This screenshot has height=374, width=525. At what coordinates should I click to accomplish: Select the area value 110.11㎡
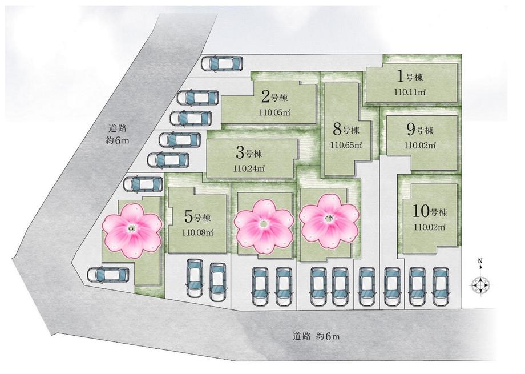tap(410, 91)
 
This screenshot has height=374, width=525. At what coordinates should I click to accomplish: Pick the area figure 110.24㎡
tap(249, 168)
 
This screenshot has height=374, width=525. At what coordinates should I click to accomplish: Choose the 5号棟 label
tap(199, 217)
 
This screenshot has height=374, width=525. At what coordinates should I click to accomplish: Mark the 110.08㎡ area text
tap(197, 232)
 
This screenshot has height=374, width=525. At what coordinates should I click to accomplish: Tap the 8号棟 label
tap(346, 128)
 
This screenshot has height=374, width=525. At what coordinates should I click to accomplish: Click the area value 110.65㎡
tap(346, 145)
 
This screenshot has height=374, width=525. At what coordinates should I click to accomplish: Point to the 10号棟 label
tap(429, 211)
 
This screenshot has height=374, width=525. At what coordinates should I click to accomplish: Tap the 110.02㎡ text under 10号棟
tap(429, 227)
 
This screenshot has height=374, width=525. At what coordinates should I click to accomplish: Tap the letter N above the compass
tap(480, 263)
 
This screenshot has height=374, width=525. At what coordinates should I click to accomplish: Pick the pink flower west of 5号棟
tap(131, 230)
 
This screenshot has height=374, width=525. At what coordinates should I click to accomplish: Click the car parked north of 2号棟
tap(222, 63)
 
